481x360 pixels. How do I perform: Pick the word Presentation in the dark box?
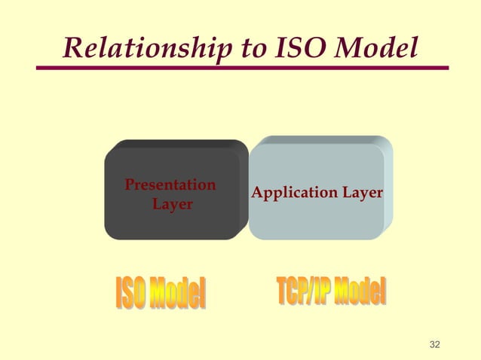170,185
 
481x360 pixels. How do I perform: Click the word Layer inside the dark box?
172,204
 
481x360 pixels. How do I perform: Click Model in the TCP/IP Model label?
360,291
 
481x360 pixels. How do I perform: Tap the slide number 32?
434,345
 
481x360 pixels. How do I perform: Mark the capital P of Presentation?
129,185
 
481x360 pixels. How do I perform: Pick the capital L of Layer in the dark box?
157,204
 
